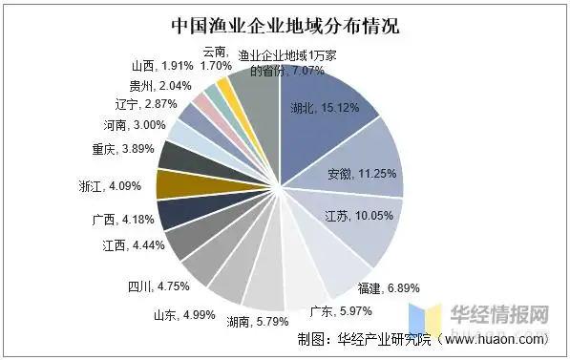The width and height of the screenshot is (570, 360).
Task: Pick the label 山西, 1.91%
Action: pyautogui.click(x=163, y=66)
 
